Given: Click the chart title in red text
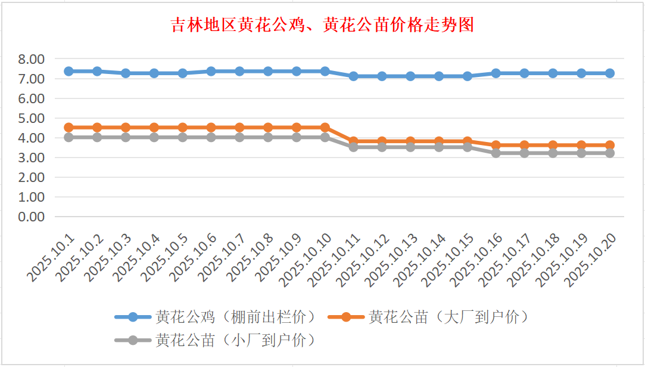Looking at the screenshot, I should pos(322,26).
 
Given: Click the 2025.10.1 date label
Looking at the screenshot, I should pos(52,257).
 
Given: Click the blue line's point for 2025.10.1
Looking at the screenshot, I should pos(68,71).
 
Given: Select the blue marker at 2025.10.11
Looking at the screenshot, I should pos(354,76).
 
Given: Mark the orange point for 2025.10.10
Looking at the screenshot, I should pos(325,127).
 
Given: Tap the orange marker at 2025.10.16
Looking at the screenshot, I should pos(496,145).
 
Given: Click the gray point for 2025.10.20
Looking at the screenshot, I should pos(610,153).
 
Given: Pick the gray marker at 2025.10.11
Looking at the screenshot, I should pos(354,147).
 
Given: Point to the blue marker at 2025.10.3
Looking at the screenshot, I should pos(126,73).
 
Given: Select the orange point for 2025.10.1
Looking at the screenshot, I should pos(68,127).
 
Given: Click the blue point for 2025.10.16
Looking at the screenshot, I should pos(496,73).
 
